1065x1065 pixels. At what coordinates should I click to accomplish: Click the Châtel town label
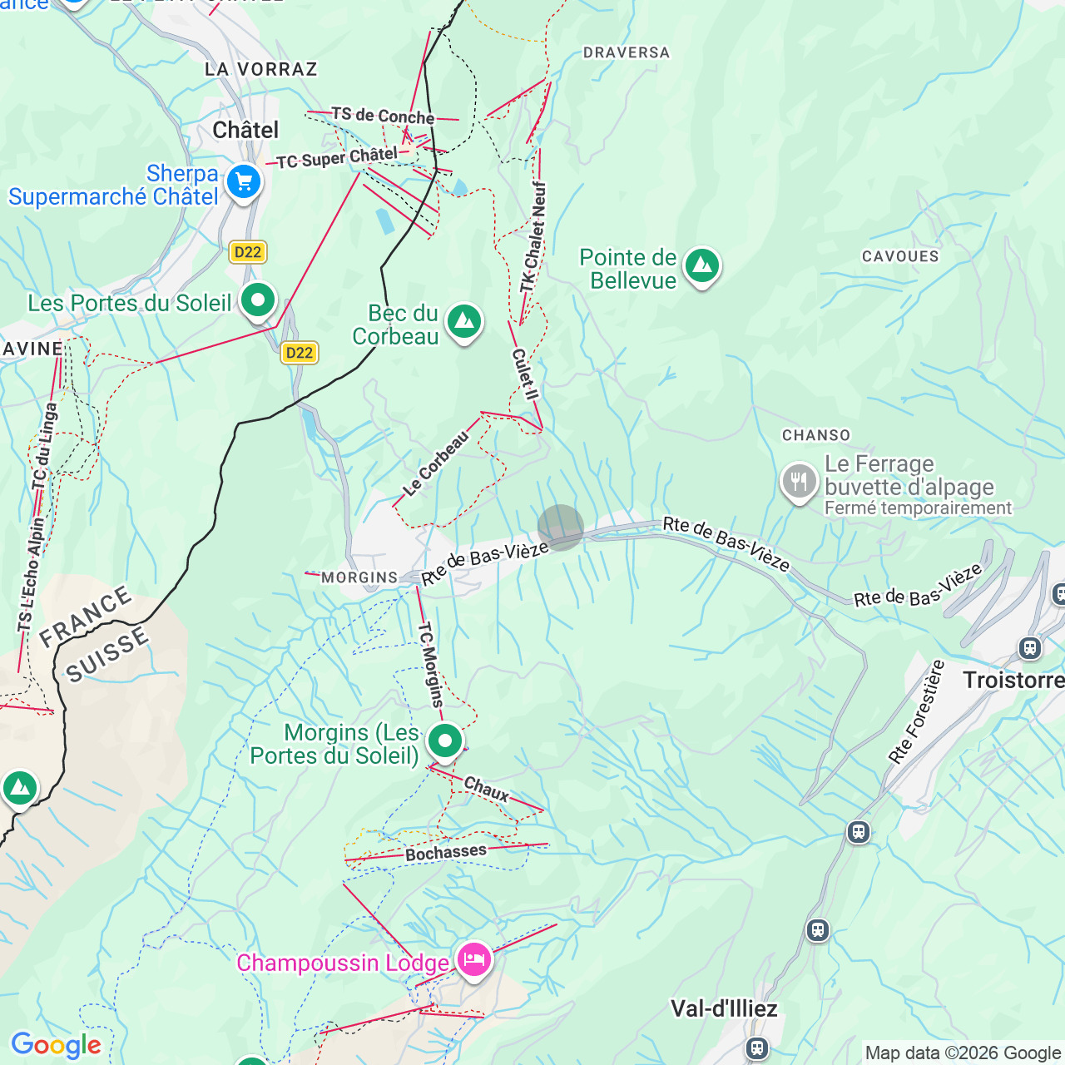coord(245,130)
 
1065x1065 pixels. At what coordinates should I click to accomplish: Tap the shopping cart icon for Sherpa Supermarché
coord(244,181)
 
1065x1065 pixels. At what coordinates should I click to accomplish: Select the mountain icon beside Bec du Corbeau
coord(463,321)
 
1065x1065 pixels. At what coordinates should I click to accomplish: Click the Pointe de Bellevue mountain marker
coord(701,266)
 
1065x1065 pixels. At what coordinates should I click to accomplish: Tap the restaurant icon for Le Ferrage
coord(799,481)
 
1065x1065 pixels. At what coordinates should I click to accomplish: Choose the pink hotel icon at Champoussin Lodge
coord(473,960)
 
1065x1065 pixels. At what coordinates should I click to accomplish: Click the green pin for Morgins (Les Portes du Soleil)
coord(444,741)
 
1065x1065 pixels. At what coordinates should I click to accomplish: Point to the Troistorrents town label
coord(1013,681)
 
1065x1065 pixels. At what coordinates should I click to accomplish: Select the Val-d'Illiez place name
coord(724,1008)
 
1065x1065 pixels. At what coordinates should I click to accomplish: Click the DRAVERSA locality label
coord(626,52)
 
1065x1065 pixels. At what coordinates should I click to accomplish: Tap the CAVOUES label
coord(900,256)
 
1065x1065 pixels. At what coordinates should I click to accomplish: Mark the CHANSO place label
coord(816,435)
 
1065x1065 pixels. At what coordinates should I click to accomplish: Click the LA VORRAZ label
coord(261,69)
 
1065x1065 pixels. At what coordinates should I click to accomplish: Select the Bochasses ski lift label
coord(446,853)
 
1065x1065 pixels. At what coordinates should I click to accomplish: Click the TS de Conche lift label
coord(383,116)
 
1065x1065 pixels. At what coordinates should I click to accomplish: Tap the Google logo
coord(56,1045)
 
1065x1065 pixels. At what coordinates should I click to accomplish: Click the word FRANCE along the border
coord(85,617)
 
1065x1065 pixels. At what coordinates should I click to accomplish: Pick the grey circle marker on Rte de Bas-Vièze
coord(561,528)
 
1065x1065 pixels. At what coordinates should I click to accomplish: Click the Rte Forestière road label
coord(916,712)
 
